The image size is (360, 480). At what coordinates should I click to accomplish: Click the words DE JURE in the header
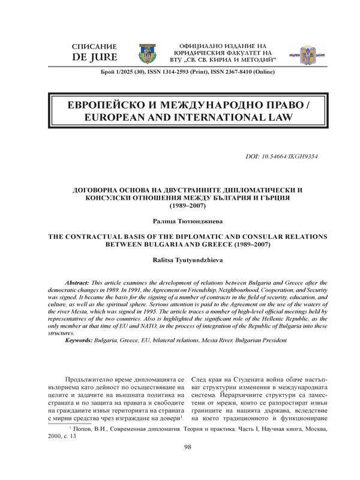click(x=94, y=58)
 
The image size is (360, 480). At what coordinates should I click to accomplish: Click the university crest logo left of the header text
click(x=146, y=53)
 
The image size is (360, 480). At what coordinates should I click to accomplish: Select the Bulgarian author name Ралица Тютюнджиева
click(x=180, y=221)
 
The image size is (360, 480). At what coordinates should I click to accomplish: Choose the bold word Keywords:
click(x=83, y=340)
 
